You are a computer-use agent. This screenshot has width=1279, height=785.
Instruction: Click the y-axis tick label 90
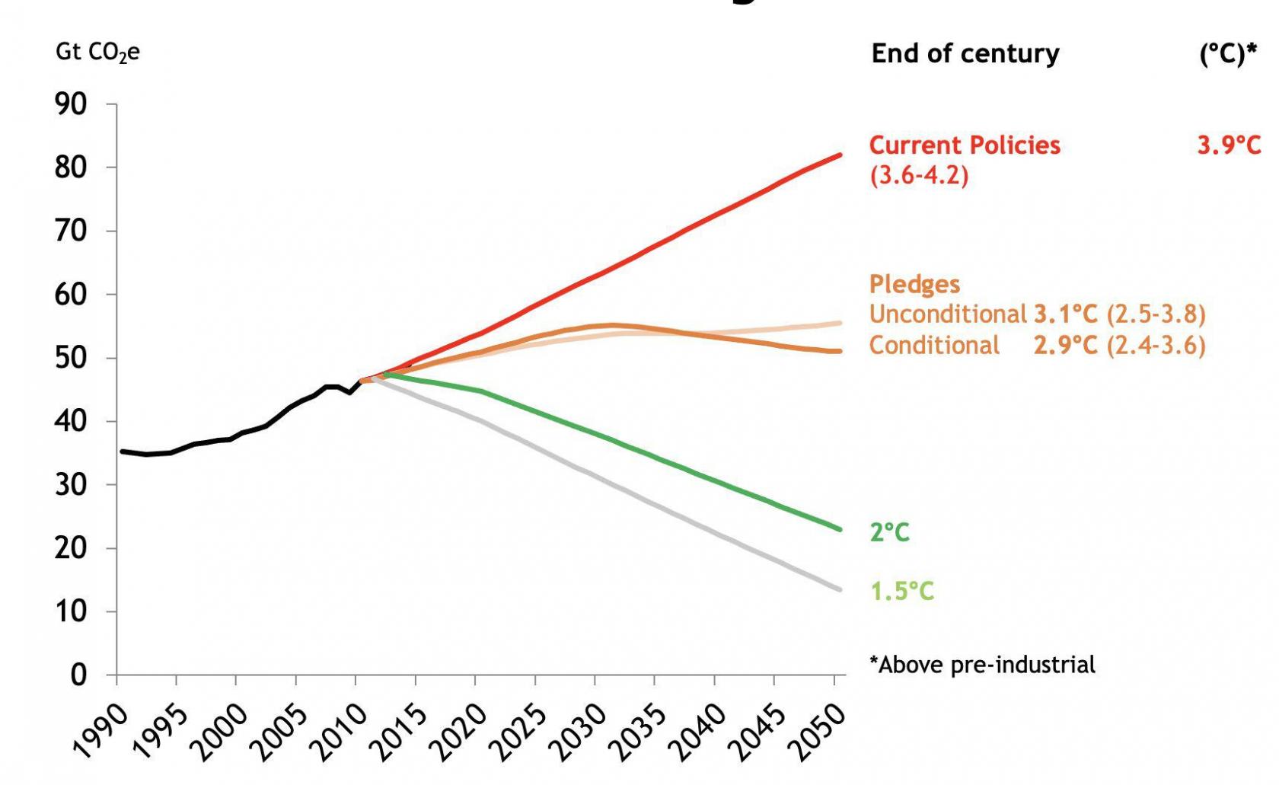pos(70,104)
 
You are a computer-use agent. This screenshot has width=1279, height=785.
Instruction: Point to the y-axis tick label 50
pos(70,358)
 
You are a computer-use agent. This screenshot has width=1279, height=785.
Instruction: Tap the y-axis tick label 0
pos(78,675)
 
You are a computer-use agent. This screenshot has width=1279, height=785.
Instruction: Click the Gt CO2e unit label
pos(97,53)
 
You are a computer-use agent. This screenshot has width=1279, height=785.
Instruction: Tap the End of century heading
pos(965,54)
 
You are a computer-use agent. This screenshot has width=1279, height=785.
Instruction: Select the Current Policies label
pos(965,145)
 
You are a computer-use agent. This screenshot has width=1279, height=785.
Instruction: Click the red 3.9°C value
pos(1229,145)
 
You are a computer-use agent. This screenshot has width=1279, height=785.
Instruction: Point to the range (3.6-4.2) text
pos(919,176)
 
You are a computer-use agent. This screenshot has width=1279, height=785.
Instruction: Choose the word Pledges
pos(914,284)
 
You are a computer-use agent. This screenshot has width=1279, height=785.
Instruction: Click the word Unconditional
pos(948,314)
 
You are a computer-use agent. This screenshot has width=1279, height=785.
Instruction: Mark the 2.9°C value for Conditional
pos(1065,346)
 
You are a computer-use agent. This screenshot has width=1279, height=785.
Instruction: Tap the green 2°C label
pos(889,531)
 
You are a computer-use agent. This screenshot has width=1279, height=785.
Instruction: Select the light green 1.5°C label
pos(902,591)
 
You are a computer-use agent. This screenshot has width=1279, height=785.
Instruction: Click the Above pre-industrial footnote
pos(982,665)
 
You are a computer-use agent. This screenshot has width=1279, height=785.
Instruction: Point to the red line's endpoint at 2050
pos(840,155)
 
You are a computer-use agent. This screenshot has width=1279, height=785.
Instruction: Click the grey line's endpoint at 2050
pos(840,589)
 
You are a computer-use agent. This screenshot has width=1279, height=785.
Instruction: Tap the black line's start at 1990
pos(122,452)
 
